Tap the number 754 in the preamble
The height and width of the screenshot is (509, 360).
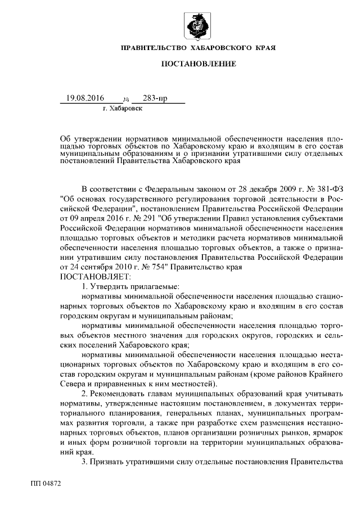pyautogui.click(x=152, y=268)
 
